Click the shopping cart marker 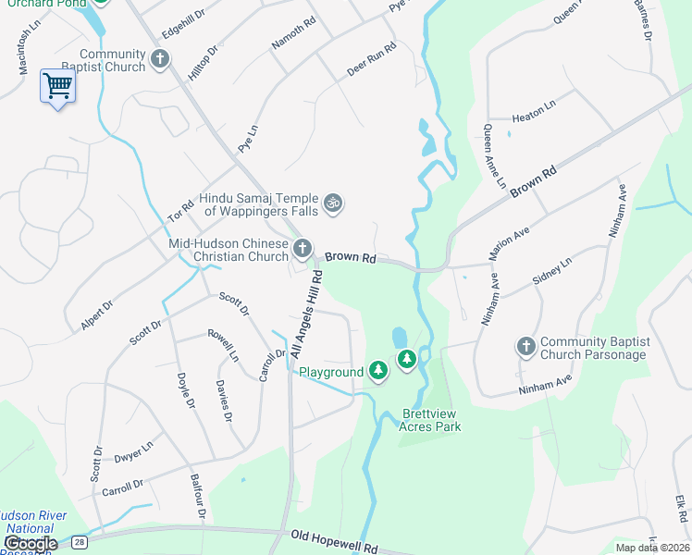pos(57,86)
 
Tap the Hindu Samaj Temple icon pos(333,202)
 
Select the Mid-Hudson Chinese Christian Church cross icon pos(303,248)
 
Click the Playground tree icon pos(377,371)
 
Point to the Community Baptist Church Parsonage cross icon pos(525,347)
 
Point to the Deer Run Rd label pos(371,58)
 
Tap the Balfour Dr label pos(196,495)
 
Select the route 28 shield pos(80,540)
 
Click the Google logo pos(30,543)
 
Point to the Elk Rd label pos(681,511)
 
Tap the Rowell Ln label pos(223,344)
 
